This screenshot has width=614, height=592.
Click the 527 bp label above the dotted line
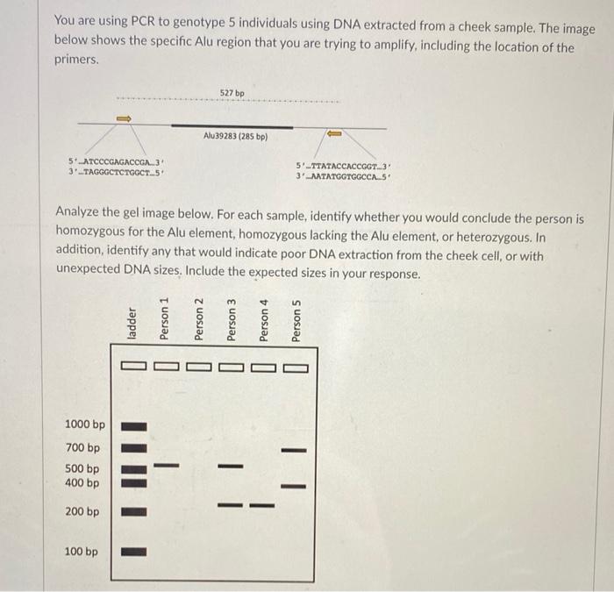232,92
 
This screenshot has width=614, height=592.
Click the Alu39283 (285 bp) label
235,137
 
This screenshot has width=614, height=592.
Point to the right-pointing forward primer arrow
124,118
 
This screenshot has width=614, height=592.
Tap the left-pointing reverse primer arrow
334,133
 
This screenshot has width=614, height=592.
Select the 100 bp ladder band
133,553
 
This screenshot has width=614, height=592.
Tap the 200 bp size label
82,511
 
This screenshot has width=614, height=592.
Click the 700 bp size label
82,447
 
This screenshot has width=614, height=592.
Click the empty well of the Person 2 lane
197,367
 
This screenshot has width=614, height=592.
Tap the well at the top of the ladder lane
133,367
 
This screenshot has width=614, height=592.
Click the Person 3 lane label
231,319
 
